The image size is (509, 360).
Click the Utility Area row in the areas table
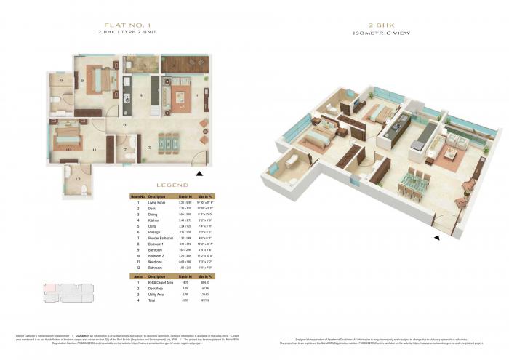[x=158, y=295]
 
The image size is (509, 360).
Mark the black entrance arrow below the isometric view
[x=436, y=237]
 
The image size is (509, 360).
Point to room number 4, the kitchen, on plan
[x=140, y=95]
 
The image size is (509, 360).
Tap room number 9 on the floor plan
[x=62, y=80]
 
